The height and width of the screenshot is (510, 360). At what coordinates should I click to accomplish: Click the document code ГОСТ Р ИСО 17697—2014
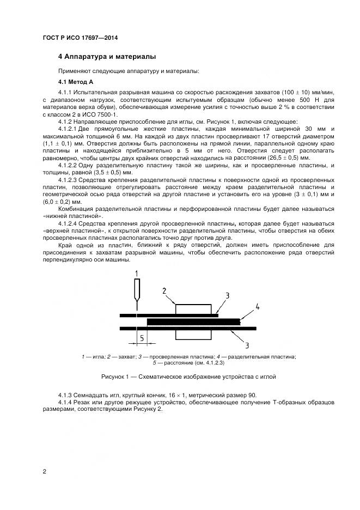click(80, 38)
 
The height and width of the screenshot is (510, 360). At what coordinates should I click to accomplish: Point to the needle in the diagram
click(136, 297)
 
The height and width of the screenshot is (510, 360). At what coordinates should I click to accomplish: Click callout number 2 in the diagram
click(164, 292)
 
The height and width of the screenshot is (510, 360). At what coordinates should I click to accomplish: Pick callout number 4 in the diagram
click(257, 308)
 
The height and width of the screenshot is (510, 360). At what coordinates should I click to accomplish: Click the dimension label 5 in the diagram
click(142, 338)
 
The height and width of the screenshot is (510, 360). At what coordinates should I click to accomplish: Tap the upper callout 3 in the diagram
click(227, 295)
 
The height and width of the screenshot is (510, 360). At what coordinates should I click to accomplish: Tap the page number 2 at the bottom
click(44, 471)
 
